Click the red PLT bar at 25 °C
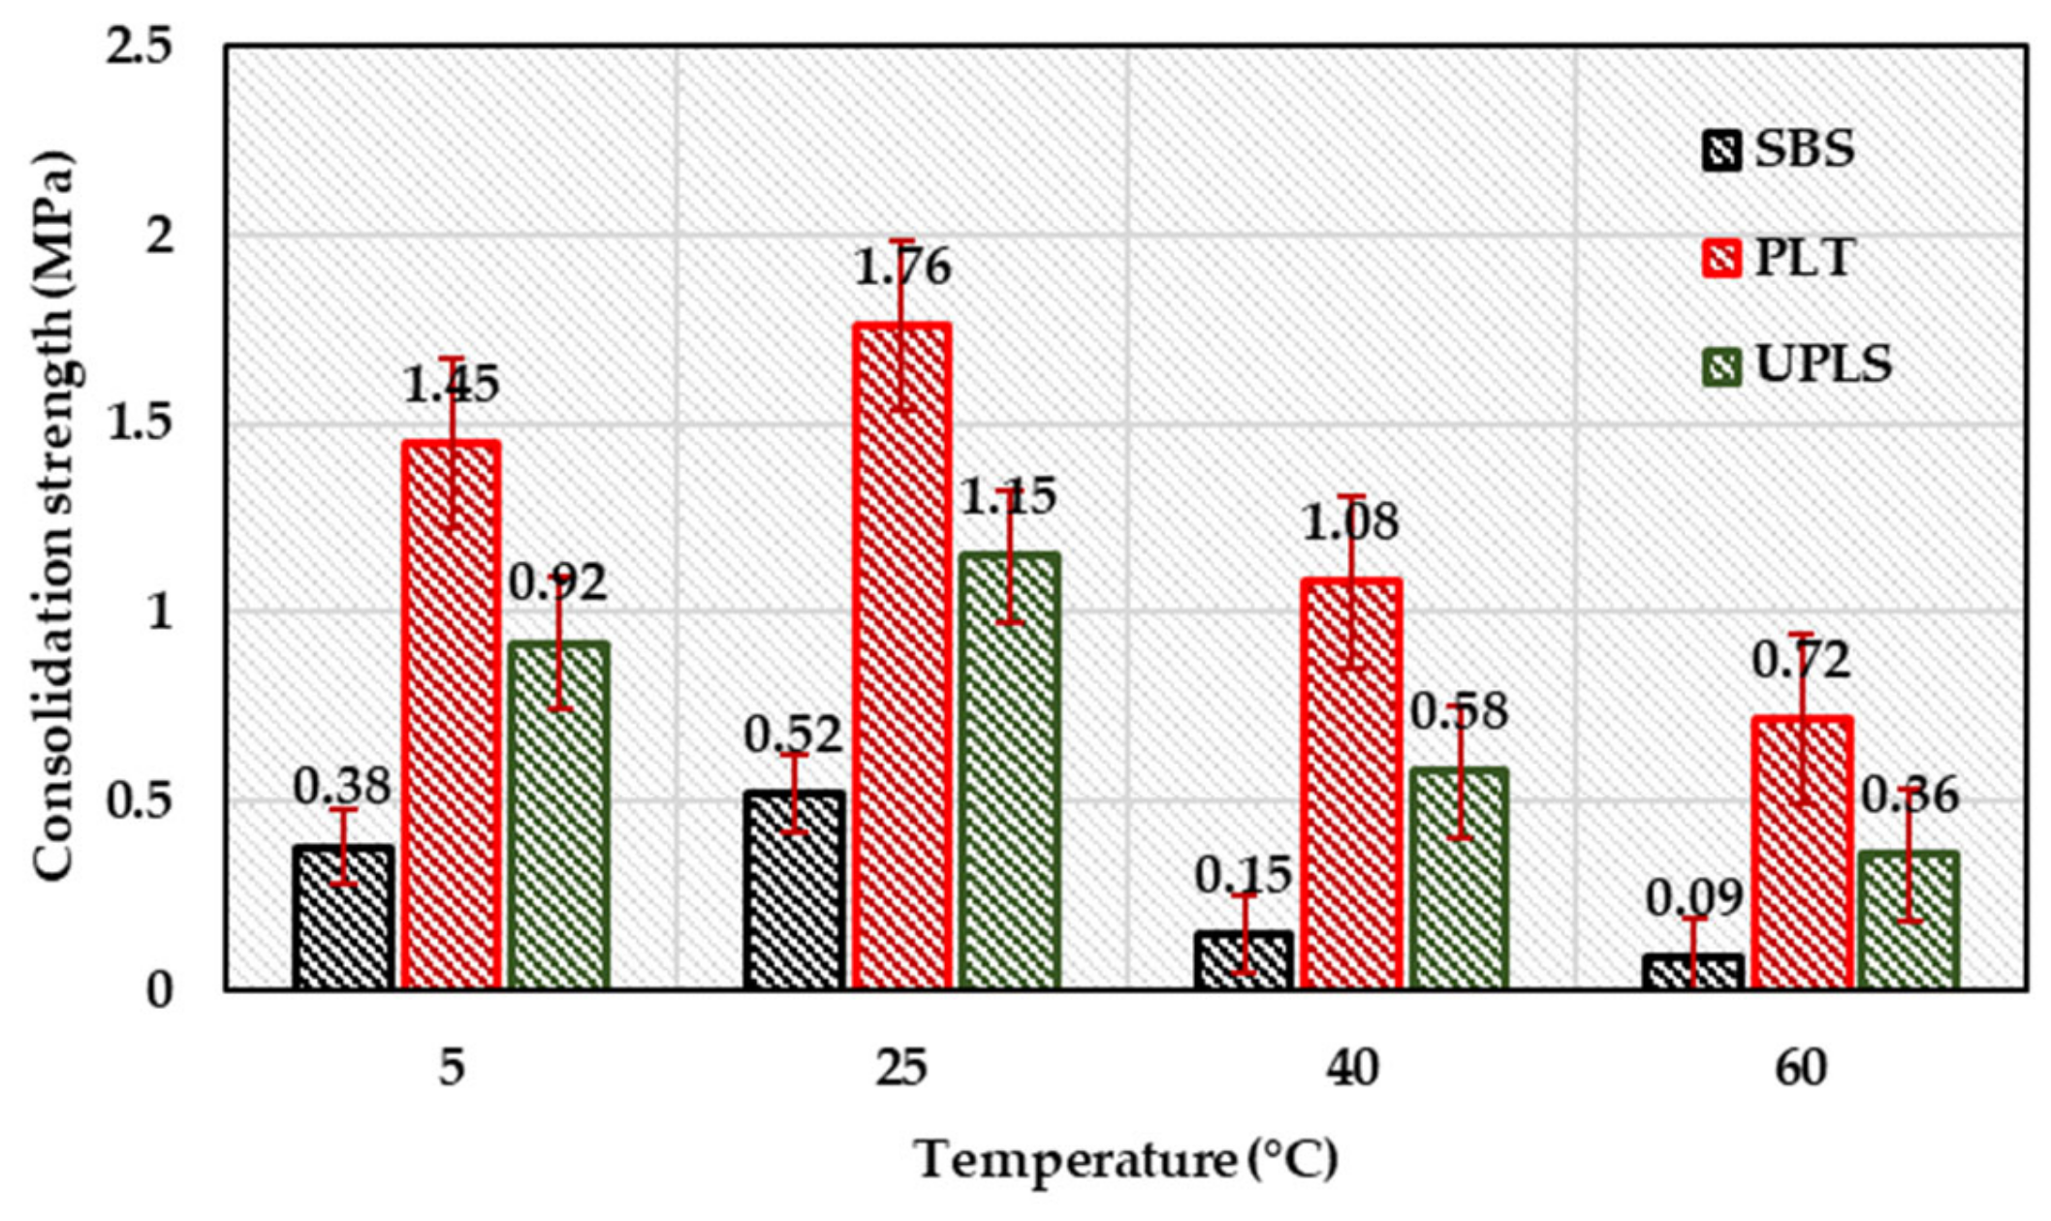tap(901, 659)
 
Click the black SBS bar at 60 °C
tap(1693, 971)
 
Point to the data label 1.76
tap(901, 268)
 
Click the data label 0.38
tap(341, 787)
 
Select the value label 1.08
tap(1350, 523)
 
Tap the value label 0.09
tap(1693, 899)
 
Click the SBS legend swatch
tap(1721, 151)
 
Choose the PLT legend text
tap(1804, 259)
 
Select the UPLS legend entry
tap(1797, 366)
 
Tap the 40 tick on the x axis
tap(1351, 1069)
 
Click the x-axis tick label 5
tap(452, 1069)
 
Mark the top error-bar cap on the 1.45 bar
tap(452, 359)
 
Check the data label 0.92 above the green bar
tap(558, 582)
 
